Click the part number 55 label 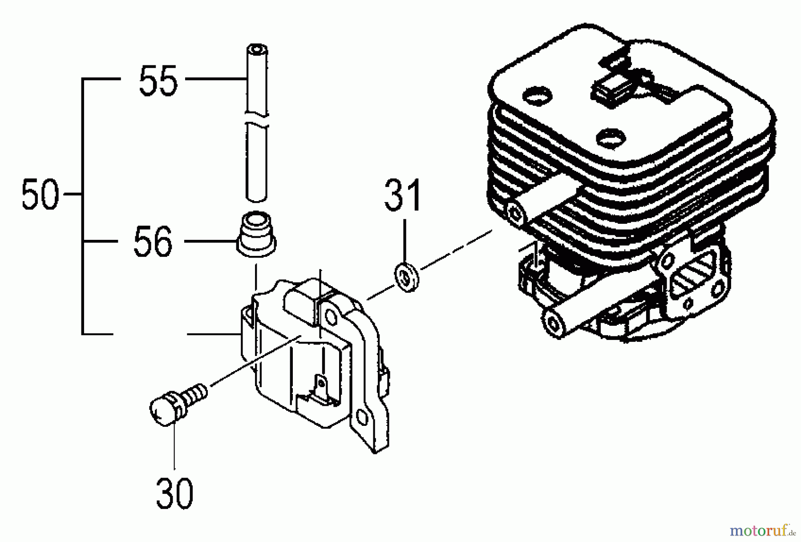158,81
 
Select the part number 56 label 153,242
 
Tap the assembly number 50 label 40,194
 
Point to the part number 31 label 403,195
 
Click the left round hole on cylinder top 537,94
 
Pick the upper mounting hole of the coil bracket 331,316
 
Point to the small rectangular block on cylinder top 607,87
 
